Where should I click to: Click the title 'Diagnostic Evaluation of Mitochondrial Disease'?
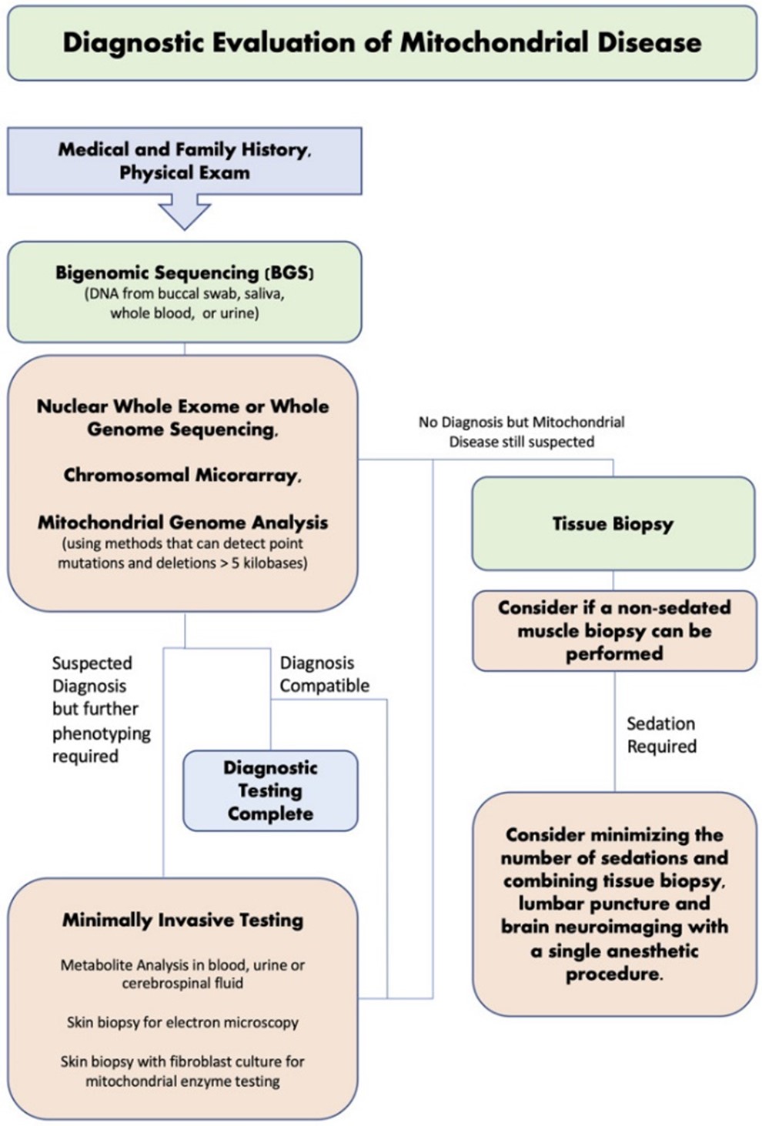pos(382,42)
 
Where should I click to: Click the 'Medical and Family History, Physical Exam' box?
pos(185,161)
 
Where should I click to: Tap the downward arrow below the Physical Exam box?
pos(184,212)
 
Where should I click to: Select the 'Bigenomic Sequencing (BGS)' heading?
pos(185,272)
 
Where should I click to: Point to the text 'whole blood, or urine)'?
pos(184,313)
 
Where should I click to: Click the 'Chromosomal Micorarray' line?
pos(182,476)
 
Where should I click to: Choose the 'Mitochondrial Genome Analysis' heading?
pos(182,523)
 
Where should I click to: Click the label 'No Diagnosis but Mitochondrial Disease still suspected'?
pos(521,432)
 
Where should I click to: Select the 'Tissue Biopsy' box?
pos(613,524)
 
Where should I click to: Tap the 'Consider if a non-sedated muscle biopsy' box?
pos(613,630)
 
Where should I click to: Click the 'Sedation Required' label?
pos(661,735)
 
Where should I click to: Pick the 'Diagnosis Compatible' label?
pos(324,674)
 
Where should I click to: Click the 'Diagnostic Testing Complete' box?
pos(270,790)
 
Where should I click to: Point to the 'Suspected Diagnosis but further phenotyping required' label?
pos(101,709)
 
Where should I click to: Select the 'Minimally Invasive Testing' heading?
pos(182,921)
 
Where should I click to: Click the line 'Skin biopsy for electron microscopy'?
pos(182,1022)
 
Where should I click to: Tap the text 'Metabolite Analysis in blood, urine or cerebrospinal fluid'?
pos(182,974)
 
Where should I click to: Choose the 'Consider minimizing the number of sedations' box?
pos(614,904)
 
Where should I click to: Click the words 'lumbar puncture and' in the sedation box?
pos(614,904)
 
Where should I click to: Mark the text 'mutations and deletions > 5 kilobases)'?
pos(182,563)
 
